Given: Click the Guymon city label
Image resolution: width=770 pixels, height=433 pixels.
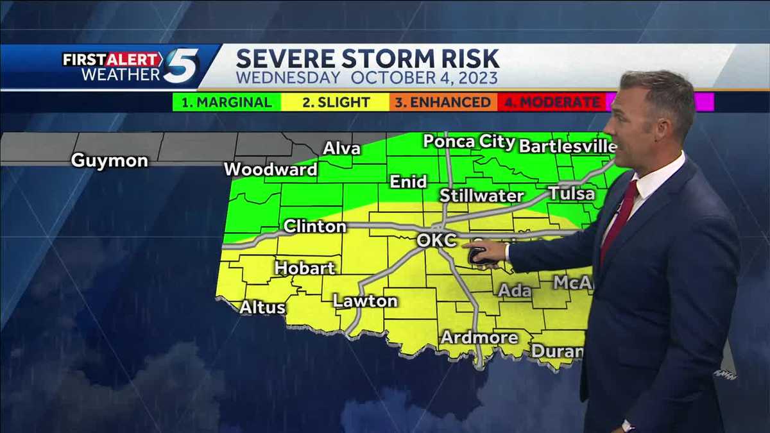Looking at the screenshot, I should pyautogui.click(x=109, y=160).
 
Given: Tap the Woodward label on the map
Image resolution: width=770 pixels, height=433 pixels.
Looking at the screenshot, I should pyautogui.click(x=271, y=170).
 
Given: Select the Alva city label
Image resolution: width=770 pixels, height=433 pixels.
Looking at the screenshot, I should pyautogui.click(x=341, y=149).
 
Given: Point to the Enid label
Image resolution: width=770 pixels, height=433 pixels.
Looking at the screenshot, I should pyautogui.click(x=408, y=182).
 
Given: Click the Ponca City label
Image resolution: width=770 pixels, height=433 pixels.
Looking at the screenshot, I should pyautogui.click(x=469, y=142).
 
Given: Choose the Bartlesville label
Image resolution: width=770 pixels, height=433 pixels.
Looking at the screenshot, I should pyautogui.click(x=567, y=146).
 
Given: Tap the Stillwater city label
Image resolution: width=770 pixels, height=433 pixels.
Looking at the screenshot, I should pyautogui.click(x=482, y=196).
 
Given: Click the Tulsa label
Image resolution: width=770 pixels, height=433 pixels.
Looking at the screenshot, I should pyautogui.click(x=571, y=194).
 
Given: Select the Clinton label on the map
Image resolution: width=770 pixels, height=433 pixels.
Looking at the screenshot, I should pyautogui.click(x=314, y=226).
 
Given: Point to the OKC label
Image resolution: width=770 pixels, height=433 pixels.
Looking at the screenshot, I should pyautogui.click(x=436, y=241).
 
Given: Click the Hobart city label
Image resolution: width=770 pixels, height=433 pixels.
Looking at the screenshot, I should pyautogui.click(x=305, y=268).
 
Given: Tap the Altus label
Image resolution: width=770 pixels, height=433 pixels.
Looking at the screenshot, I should pyautogui.click(x=262, y=308).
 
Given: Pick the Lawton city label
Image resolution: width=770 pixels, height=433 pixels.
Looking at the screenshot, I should pyautogui.click(x=365, y=301).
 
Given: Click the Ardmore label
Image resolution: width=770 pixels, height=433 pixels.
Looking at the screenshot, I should pyautogui.click(x=479, y=337).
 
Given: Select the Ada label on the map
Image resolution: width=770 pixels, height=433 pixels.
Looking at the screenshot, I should pyautogui.click(x=515, y=291).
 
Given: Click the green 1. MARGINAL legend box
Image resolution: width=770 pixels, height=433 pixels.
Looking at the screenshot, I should pyautogui.click(x=227, y=103).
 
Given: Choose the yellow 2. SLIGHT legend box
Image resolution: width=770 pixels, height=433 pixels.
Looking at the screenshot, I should pyautogui.click(x=336, y=103).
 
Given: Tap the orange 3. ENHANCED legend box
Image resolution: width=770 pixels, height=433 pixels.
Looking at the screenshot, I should pyautogui.click(x=443, y=103).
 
